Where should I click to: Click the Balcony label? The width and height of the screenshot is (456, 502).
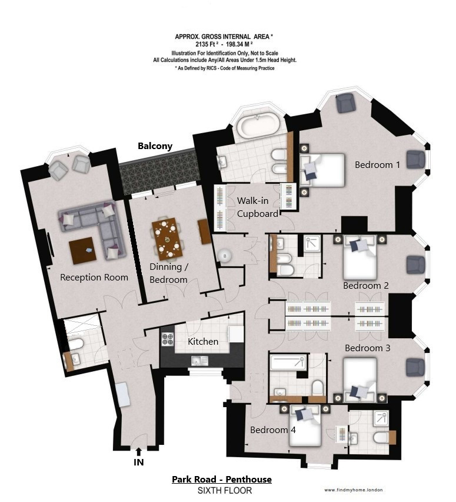coord(155,146)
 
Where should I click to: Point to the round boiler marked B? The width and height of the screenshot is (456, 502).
coord(225,256)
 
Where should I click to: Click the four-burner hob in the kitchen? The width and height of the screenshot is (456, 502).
coord(168,339)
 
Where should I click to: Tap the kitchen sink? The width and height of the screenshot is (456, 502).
coord(199,361)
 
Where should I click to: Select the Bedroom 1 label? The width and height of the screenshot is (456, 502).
coord(377,165)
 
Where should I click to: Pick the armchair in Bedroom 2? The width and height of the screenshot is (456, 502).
coord(416,265)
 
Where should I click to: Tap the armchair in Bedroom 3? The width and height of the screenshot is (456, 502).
coord(415,367)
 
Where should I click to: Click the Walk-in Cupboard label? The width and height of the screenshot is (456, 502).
coord(258,207)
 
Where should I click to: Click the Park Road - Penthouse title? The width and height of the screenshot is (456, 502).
coord(222,479)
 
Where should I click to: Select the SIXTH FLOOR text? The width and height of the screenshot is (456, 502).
coord(225,490)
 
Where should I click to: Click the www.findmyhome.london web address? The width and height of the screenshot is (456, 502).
coord(354,490)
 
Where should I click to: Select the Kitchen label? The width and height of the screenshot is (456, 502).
coord(203,342)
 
